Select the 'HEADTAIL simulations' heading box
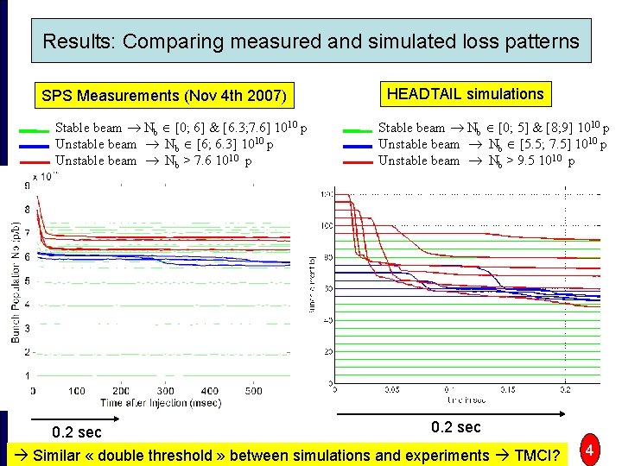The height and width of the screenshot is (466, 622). pyautogui.click(x=466, y=94)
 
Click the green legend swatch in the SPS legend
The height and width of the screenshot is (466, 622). pyautogui.click(x=34, y=129)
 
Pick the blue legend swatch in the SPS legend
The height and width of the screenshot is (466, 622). pyautogui.click(x=34, y=145)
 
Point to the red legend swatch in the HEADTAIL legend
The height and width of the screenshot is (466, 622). pyautogui.click(x=357, y=161)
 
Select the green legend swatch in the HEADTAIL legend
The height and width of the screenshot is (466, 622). pyautogui.click(x=357, y=129)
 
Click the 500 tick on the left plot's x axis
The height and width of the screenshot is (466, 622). pyautogui.click(x=253, y=391)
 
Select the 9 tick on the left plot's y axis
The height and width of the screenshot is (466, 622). pyautogui.click(x=27, y=185)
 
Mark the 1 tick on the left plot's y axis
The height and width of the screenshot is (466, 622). pyautogui.click(x=27, y=376)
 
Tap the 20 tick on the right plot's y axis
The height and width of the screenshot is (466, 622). pyautogui.click(x=327, y=351)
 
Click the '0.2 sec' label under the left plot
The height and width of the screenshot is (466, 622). pyautogui.click(x=76, y=431)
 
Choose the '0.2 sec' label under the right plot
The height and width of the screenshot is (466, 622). pyautogui.click(x=456, y=427)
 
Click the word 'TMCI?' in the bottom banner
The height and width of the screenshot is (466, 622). pyautogui.click(x=535, y=455)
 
